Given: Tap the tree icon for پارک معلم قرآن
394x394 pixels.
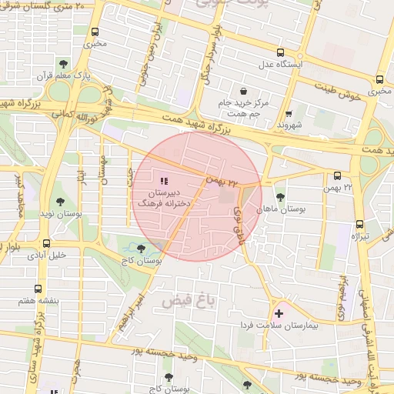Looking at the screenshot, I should pos(63,64).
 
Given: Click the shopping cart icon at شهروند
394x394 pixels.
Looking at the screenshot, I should pos(289,112).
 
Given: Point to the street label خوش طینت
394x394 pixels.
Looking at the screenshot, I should pos(343,92).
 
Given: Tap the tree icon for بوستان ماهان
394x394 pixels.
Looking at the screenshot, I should pos(279,196).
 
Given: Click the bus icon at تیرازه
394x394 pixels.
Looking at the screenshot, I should pos(359,225).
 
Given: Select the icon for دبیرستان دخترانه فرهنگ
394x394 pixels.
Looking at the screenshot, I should pos(164,179).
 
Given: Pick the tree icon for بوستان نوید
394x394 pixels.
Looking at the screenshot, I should pos(61,202).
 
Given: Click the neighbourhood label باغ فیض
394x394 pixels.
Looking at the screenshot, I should pos(190,300).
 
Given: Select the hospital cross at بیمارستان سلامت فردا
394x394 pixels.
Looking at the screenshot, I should pos(279,313).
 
